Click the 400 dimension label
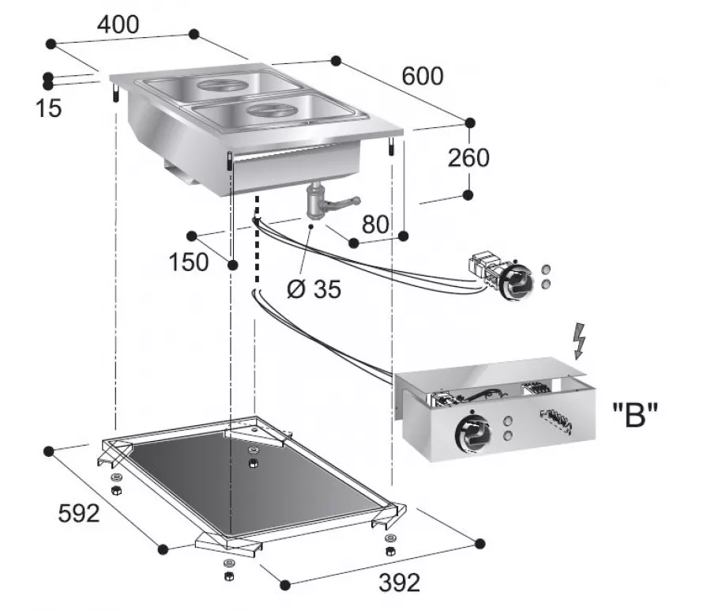(118, 25)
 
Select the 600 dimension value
(423, 76)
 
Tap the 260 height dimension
(468, 157)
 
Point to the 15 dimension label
(48, 108)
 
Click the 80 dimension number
(375, 224)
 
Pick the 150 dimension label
(189, 262)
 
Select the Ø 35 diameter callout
(314, 289)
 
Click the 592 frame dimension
(79, 514)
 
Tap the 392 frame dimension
(398, 583)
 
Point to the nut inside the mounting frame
(254, 461)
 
